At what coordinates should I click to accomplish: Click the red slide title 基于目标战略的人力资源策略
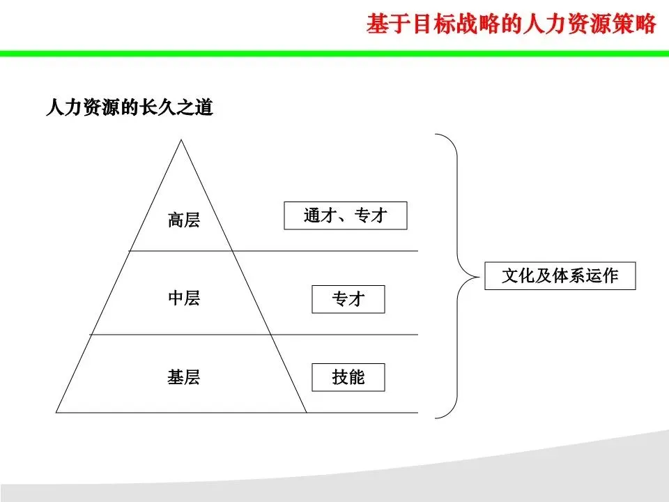(x=511, y=24)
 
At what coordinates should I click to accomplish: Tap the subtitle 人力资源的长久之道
(x=129, y=109)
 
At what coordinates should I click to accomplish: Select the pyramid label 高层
(x=183, y=220)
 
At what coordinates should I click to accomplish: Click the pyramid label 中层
(x=183, y=298)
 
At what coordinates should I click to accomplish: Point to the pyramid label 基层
(x=183, y=378)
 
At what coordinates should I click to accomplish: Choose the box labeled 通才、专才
(x=345, y=215)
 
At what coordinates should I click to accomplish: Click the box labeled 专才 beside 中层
(x=348, y=300)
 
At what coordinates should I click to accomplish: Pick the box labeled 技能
(x=348, y=378)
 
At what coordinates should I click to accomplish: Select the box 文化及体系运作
(x=560, y=276)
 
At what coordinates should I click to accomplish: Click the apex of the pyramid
(x=182, y=140)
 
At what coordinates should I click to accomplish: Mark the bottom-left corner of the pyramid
(x=57, y=412)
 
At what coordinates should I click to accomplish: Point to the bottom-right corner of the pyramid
(x=306, y=412)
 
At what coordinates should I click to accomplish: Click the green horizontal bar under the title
(x=334, y=53)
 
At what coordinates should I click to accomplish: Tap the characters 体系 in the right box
(x=569, y=276)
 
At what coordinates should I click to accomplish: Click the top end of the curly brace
(x=437, y=135)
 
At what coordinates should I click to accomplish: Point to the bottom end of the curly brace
(x=437, y=418)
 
